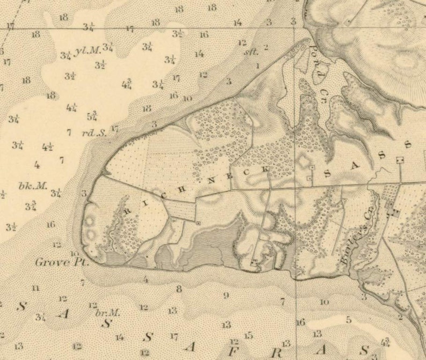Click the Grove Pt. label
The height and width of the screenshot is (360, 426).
[x=61, y=263]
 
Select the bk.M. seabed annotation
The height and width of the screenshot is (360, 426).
[x=33, y=186]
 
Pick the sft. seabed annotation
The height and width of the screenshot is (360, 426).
[x=251, y=52]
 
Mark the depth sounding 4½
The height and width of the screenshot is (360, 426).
[x=47, y=147]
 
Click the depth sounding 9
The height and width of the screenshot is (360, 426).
[x=226, y=295]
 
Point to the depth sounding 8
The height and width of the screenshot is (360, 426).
[x=179, y=288]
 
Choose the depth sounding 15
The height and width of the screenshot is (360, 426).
[x=248, y=335]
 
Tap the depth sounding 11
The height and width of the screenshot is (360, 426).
[x=35, y=288]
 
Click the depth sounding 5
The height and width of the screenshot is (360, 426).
[x=348, y=320]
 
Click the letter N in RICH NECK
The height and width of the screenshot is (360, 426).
[x=211, y=180]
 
